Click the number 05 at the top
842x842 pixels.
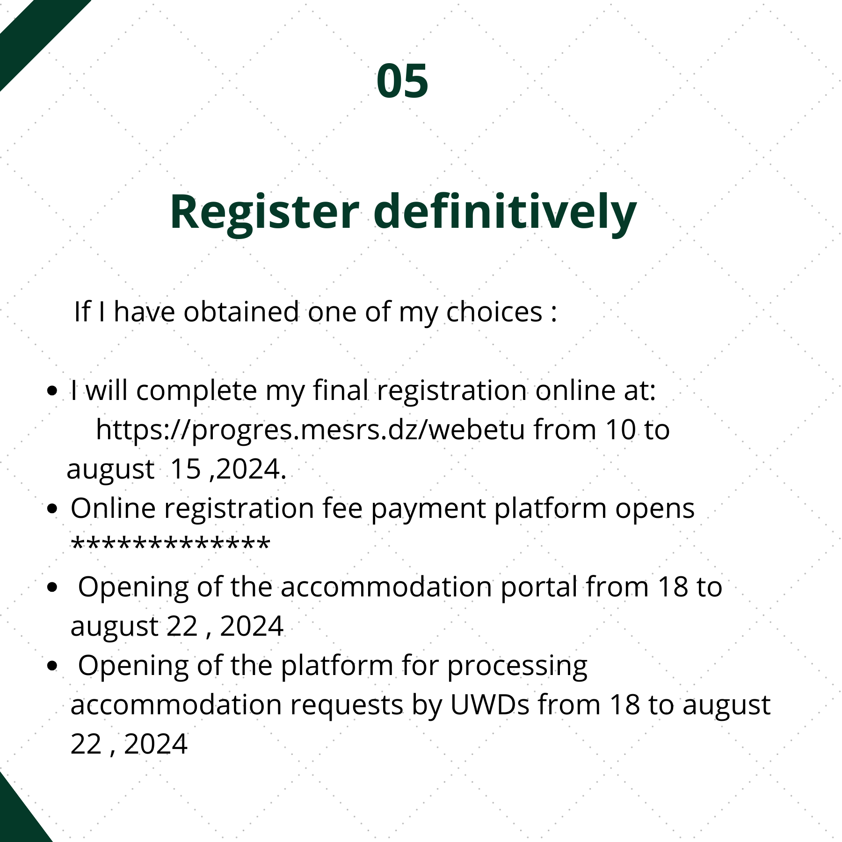(402, 81)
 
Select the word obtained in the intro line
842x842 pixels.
(241, 312)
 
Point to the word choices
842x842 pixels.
(494, 312)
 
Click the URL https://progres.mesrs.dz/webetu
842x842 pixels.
(311, 430)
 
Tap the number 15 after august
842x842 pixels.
(186, 469)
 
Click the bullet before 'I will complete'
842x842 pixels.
(53, 391)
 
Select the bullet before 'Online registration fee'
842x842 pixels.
(53, 508)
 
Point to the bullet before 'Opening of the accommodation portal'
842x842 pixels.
(53, 587)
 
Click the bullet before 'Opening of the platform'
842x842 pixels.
(53, 666)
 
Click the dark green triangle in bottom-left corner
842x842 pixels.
(16, 816)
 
